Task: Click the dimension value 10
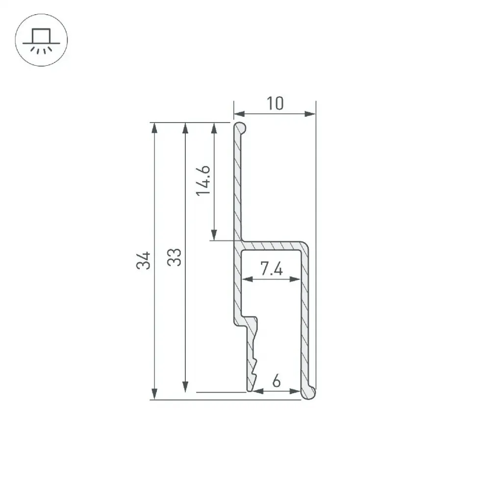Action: (275, 103)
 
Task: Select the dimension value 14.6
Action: (203, 180)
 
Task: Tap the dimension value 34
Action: (143, 260)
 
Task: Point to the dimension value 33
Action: (174, 257)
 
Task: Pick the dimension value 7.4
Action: (272, 268)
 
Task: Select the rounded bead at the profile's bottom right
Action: (309, 393)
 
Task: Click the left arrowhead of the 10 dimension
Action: (239, 114)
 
